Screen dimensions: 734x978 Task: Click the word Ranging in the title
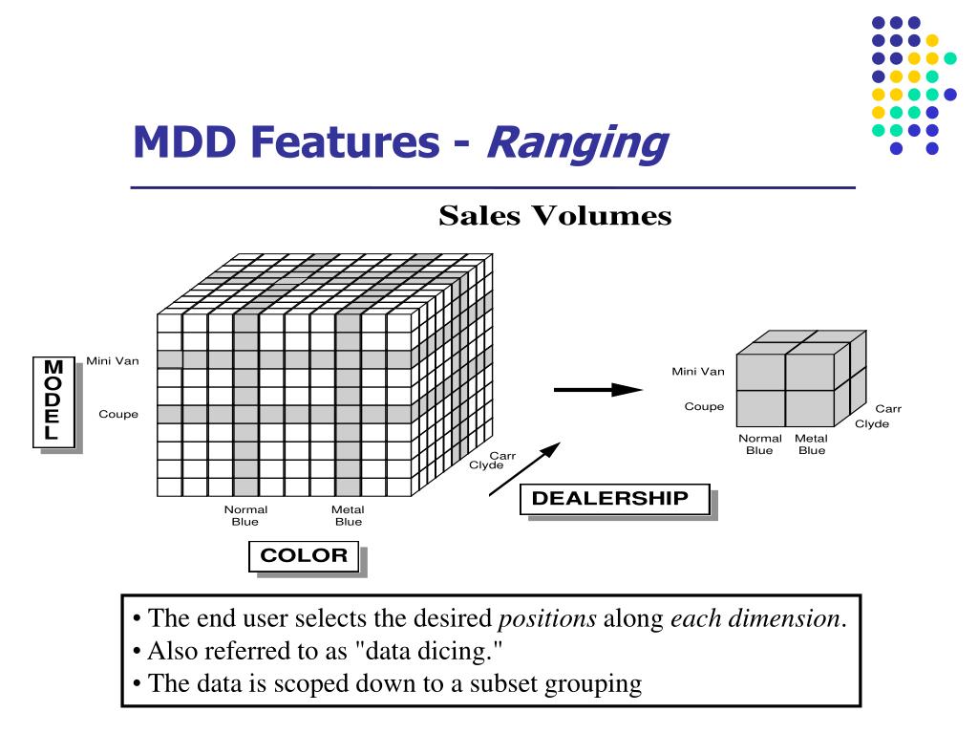coord(576,143)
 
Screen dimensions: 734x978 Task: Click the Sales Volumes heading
coord(555,217)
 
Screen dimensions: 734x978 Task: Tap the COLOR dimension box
coord(304,556)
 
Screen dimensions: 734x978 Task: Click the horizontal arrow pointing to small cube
coord(598,389)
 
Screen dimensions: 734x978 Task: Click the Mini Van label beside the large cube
coord(112,360)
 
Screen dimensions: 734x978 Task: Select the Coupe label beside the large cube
coord(118,414)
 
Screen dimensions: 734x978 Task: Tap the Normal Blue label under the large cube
coord(245,516)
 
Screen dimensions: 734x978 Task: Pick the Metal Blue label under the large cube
coord(348,516)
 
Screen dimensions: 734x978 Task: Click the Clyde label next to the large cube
coord(486,465)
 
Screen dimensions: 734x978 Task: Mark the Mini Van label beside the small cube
coord(697,371)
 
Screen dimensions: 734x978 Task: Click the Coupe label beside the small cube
coord(704,406)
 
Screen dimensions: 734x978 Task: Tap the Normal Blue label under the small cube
coord(759,444)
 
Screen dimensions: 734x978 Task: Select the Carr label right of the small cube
coord(887,409)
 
